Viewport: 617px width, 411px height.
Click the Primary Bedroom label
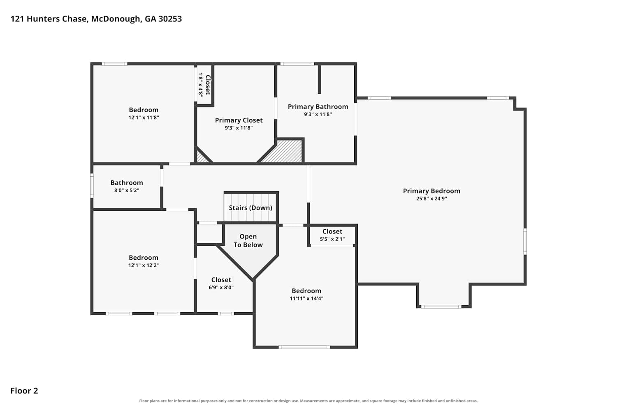click(431, 191)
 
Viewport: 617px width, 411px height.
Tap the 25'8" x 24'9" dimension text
click(431, 199)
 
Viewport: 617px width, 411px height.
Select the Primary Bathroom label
click(318, 107)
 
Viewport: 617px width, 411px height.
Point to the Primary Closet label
click(239, 120)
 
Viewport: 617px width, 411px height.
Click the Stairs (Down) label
click(251, 208)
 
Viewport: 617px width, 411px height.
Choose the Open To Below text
click(248, 240)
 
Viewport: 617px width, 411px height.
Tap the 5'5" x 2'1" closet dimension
click(332, 239)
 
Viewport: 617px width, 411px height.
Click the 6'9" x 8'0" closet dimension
click(221, 287)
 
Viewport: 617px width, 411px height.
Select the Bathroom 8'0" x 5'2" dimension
click(127, 190)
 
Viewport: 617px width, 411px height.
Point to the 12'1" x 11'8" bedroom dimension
click(144, 118)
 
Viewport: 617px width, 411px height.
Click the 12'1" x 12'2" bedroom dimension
click(144, 266)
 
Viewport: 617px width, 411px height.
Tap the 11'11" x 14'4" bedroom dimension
click(306, 298)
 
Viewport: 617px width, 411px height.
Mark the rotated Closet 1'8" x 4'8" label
click(204, 85)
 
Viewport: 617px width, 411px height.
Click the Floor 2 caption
click(24, 390)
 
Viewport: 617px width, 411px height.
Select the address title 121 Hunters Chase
click(49, 19)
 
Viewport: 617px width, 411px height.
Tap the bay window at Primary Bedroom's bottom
click(441, 307)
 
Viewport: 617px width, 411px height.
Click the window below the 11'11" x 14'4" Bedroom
click(304, 347)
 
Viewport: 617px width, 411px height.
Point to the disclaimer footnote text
click(308, 401)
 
